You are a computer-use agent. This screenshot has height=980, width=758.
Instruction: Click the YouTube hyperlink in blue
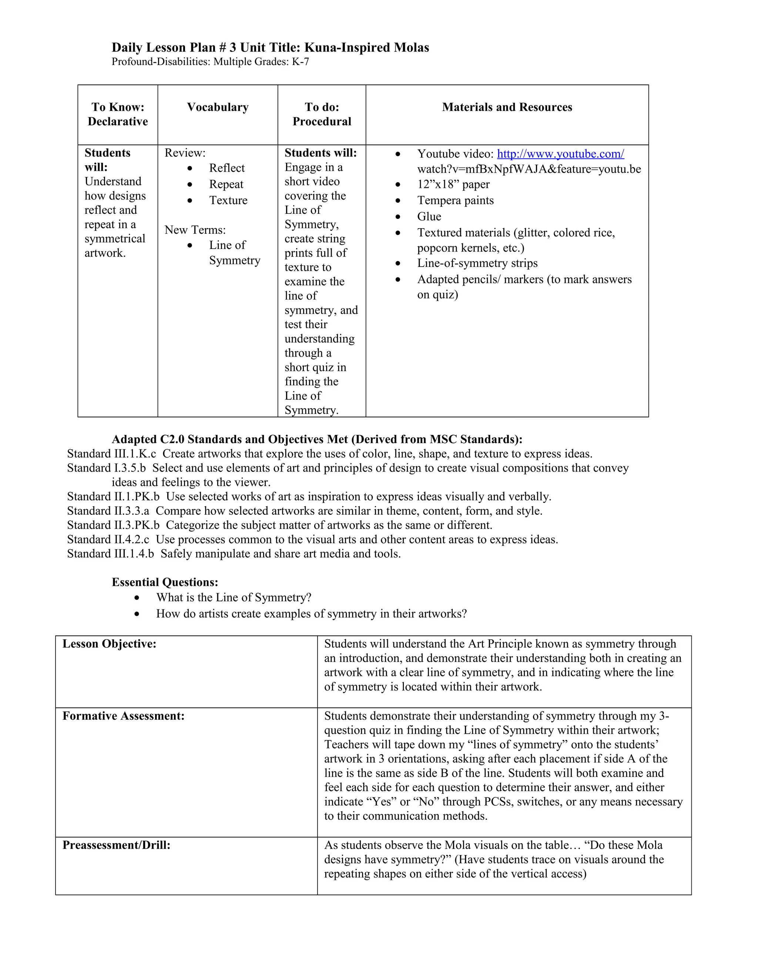pos(560,154)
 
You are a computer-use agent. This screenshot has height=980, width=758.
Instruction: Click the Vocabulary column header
pos(218,107)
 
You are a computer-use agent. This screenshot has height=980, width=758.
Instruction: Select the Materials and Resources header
pos(507,107)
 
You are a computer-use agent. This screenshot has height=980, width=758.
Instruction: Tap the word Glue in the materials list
pos(429,217)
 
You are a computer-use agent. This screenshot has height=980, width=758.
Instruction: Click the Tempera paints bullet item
pos(455,200)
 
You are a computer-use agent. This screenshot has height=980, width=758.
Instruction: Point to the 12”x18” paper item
pos(453,185)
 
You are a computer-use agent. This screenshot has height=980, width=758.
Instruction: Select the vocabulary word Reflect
pos(227,168)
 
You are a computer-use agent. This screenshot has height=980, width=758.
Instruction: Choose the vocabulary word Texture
pos(228,200)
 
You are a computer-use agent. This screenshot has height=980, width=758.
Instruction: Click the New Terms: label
pos(195,230)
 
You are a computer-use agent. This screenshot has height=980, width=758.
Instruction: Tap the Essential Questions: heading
pos(165,582)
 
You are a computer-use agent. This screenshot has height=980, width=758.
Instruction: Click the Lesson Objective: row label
pos(109,644)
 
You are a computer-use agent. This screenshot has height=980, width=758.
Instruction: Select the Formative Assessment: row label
pos(124,716)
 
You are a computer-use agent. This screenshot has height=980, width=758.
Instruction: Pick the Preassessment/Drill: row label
pos(116,845)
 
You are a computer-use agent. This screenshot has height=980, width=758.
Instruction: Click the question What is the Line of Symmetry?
pos(234,598)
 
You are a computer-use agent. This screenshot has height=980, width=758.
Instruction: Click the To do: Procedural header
pos(322,114)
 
